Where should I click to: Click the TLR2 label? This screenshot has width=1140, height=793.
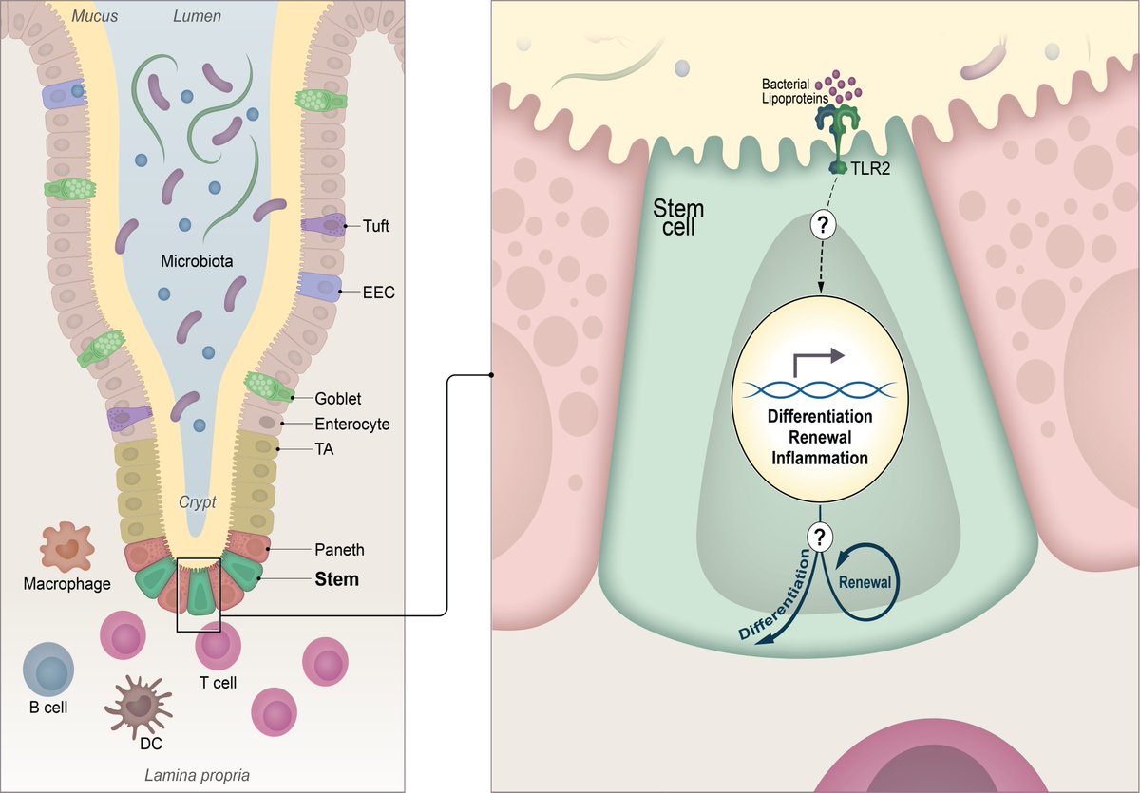[871, 168]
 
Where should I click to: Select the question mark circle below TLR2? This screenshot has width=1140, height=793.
[823, 224]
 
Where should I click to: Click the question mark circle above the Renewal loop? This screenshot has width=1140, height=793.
[819, 538]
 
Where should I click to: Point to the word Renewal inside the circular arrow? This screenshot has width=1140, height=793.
[864, 582]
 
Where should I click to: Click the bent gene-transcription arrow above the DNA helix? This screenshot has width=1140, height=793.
[818, 362]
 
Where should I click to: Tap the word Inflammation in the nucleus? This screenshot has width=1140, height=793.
[820, 458]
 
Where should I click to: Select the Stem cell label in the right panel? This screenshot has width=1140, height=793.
[678, 217]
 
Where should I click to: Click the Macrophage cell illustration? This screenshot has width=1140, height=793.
[67, 547]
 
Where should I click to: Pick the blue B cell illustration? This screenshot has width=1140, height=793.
[48, 669]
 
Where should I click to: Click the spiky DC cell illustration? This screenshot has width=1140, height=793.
[139, 707]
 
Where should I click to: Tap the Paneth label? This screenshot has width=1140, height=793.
[339, 549]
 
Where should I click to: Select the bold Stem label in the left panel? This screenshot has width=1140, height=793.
[337, 579]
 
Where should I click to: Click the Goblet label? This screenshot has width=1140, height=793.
[338, 398]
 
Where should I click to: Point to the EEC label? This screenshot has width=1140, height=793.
[379, 292]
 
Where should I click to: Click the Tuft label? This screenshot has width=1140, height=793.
[375, 225]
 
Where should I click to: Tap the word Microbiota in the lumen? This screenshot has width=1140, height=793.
[197, 261]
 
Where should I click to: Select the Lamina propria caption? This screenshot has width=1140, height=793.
[197, 775]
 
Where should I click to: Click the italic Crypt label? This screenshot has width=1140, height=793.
[197, 502]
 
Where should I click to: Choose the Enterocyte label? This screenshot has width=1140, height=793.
[352, 424]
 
